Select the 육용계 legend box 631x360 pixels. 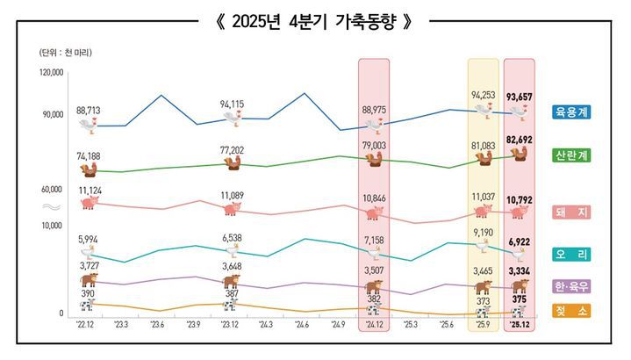[571, 112]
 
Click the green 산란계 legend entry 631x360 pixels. [571, 155]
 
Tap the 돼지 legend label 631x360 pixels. [571, 212]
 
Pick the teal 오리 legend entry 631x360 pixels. [571, 255]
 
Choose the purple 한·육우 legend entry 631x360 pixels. [571, 286]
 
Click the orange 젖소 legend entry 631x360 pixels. [571, 311]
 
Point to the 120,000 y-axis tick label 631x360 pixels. [52, 73]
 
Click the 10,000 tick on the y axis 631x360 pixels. [52, 226]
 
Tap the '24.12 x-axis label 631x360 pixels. [374, 326]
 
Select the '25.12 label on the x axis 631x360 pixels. [520, 326]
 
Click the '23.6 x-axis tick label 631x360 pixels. [157, 326]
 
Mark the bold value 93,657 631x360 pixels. [520, 94]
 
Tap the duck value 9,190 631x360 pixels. [484, 233]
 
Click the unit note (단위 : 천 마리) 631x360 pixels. [66, 53]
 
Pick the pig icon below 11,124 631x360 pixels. [89, 204]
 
